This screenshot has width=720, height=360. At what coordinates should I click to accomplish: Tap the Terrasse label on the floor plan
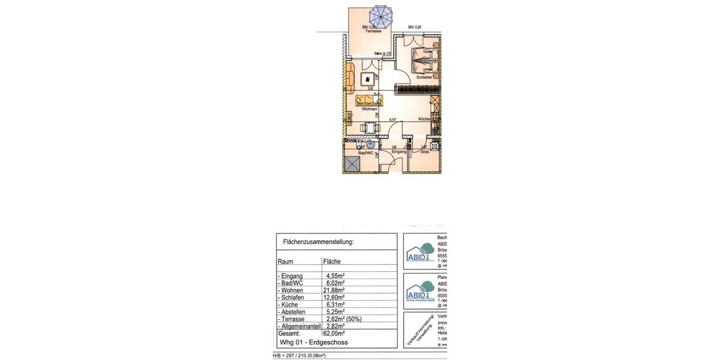click(x=373, y=31)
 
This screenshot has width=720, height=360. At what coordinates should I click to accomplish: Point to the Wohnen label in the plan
click(x=370, y=109)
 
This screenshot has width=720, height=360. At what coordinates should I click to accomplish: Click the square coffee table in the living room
click(x=367, y=79)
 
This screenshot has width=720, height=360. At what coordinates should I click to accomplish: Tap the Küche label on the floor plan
click(x=424, y=119)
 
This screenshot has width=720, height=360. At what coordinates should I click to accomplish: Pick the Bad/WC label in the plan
click(x=366, y=153)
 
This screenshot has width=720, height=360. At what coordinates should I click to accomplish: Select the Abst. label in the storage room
click(x=425, y=152)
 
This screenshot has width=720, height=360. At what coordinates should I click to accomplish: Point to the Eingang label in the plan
click(x=399, y=152)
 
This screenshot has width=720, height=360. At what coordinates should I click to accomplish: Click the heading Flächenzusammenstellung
click(x=318, y=242)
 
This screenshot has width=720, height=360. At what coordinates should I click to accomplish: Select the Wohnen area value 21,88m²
click(x=334, y=290)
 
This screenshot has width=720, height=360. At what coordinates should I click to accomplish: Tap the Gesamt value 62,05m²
click(x=334, y=334)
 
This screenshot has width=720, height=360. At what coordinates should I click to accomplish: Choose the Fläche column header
click(x=332, y=262)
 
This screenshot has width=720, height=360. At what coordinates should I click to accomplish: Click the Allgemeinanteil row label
click(x=299, y=326)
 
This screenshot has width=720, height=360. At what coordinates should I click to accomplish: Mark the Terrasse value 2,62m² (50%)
click(x=343, y=319)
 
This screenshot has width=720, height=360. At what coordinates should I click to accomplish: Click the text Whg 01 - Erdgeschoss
click(x=314, y=343)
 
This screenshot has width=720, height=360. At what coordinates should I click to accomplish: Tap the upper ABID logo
click(x=420, y=252)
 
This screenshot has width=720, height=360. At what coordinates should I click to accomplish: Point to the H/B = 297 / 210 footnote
click(x=299, y=356)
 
